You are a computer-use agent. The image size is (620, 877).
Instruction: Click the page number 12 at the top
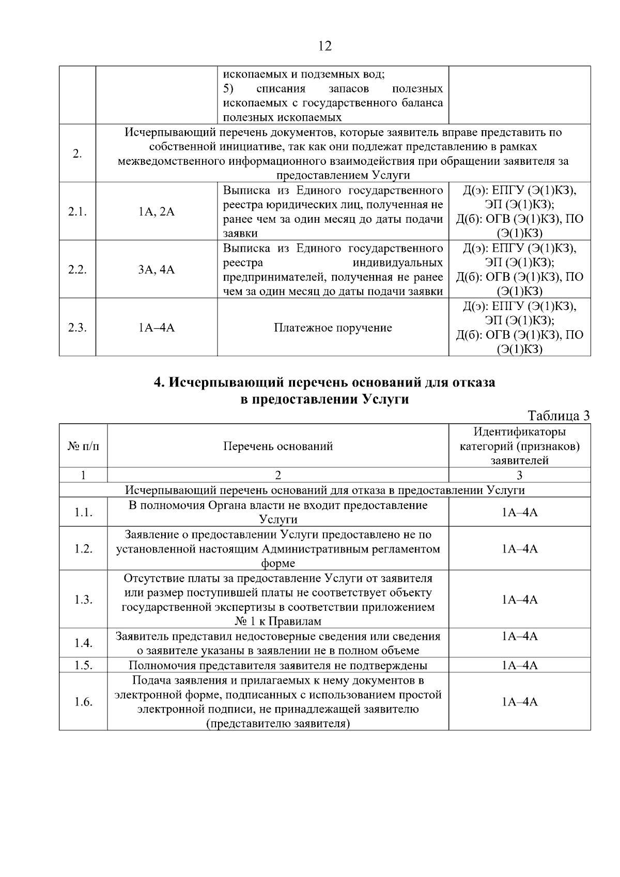coord(324,46)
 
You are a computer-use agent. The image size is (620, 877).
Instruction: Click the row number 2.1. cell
coord(77,212)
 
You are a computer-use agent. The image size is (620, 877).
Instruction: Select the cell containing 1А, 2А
coord(156,212)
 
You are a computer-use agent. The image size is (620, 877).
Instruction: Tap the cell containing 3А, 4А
coord(156,270)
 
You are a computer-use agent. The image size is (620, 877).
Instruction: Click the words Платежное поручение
coord(333,328)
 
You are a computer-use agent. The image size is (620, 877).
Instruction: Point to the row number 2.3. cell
coord(77,328)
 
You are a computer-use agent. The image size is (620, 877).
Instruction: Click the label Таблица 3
coord(559,416)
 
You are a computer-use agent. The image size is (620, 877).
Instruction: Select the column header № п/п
coord(83,446)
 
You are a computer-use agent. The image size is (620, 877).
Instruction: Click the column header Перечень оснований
coord(278,446)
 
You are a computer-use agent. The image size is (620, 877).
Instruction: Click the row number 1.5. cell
coord(83,665)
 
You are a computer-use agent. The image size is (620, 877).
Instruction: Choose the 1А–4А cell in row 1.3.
coord(519,599)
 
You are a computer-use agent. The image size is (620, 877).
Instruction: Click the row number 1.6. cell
coord(83,702)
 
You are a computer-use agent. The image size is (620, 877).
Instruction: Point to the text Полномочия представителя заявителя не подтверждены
coord(278,665)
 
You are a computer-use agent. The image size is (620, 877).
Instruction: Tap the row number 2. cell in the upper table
coord(77,153)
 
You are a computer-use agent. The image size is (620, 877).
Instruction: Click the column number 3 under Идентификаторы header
coord(519,475)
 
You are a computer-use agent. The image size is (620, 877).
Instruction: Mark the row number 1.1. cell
coord(83,512)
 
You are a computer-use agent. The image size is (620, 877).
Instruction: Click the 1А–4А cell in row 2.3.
coord(156,328)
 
